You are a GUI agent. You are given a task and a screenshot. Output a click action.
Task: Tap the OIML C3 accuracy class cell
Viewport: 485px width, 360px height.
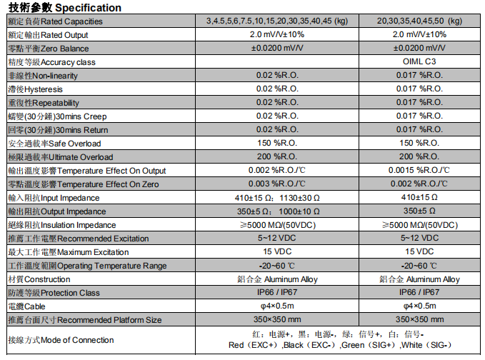click(x=419, y=62)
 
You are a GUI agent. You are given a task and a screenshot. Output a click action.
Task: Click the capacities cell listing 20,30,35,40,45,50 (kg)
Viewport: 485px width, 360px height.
click(x=419, y=21)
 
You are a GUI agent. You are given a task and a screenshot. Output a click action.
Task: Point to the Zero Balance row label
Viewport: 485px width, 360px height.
click(x=48, y=49)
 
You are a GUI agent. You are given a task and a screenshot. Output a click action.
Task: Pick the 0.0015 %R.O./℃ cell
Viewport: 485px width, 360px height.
click(x=419, y=171)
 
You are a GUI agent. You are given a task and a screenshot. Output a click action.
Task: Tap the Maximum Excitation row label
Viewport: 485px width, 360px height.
click(x=68, y=252)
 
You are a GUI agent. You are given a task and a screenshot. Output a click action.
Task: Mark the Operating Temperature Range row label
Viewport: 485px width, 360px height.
click(x=86, y=266)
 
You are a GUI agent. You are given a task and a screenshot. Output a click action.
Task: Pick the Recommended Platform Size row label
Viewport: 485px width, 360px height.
click(x=84, y=320)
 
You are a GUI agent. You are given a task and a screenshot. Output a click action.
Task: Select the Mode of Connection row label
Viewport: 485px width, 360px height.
click(x=60, y=340)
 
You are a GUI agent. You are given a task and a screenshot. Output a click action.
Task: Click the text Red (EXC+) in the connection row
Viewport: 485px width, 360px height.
click(x=254, y=345)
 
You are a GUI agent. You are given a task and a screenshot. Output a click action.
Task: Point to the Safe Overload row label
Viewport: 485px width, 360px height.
click(x=54, y=144)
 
